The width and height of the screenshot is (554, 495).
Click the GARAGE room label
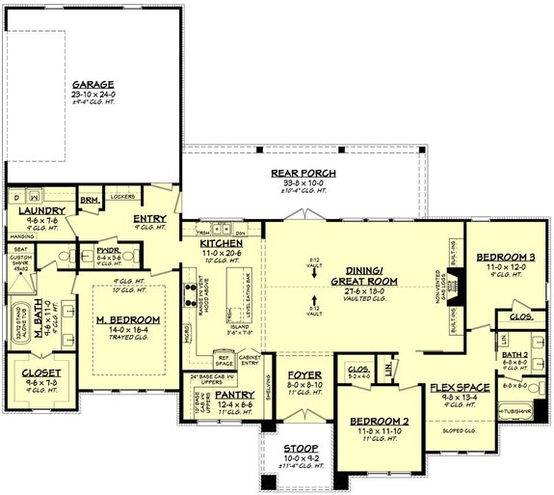point(93,83)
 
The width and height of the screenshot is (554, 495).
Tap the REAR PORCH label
point(299,173)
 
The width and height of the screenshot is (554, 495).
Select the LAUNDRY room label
point(40,210)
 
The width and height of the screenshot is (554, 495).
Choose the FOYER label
point(305,375)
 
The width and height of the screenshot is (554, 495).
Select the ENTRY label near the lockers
point(150,219)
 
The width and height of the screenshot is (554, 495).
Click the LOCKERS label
point(121,196)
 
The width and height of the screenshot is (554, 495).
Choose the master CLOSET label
point(40,371)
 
